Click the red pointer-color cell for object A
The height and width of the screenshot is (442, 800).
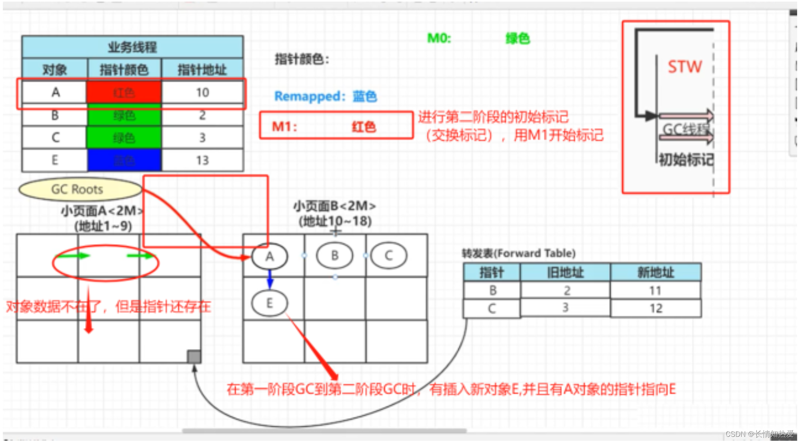point(124,92)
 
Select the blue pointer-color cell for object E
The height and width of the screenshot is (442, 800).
point(124,160)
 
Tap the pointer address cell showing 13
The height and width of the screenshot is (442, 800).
point(202,160)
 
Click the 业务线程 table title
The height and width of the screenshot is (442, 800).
point(132,47)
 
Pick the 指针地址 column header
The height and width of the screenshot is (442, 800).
point(202,70)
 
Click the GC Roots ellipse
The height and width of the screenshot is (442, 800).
point(78,189)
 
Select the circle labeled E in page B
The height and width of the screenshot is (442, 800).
point(269,303)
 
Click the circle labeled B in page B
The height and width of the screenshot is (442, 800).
point(334,255)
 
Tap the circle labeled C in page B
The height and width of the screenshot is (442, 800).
point(388,255)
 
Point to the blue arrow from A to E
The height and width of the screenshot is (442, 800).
point(270,279)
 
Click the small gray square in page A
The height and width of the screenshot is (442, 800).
point(194,356)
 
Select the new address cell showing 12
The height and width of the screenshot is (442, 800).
point(656,308)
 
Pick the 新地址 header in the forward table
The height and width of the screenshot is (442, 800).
point(656,273)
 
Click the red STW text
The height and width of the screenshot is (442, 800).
point(685,66)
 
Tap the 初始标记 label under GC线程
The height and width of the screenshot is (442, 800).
point(686,160)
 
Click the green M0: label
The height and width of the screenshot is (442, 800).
point(439,38)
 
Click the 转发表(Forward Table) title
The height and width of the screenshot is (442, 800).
point(518,253)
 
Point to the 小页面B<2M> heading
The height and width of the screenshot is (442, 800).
point(335,206)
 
